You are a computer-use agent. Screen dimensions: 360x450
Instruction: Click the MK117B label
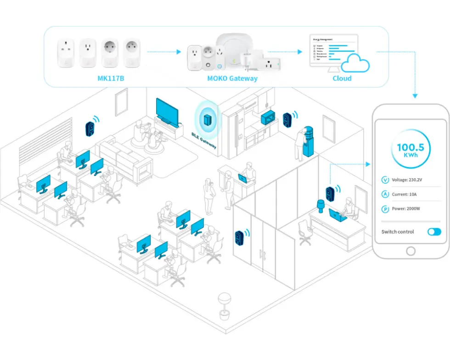tap(111, 79)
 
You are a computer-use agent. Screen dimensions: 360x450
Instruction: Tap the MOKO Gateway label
tap(232, 79)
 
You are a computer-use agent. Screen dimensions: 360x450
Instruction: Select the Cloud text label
tap(342, 79)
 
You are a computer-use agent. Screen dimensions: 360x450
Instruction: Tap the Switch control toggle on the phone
tap(434, 232)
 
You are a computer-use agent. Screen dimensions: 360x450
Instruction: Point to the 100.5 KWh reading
tap(411, 150)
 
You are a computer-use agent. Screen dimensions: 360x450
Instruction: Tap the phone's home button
tap(411, 251)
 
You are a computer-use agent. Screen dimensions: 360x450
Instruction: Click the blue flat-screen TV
tap(167, 111)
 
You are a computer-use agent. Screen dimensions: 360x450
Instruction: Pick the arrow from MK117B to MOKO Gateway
tap(164, 52)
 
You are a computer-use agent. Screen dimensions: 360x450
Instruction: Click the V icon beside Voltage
tap(385, 180)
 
